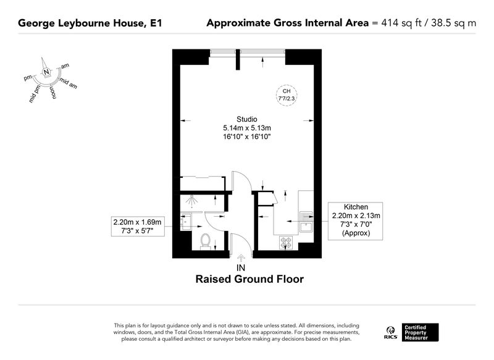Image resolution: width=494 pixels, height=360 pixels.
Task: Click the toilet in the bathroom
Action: point(206,241)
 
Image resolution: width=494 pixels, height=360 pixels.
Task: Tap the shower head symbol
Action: point(191,201)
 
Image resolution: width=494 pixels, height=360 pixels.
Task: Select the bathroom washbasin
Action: point(186,222)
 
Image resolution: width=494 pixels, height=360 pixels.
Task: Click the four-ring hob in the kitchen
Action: point(286,242)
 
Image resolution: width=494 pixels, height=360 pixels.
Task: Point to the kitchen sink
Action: point(306,222)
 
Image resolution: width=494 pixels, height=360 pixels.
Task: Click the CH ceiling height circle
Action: point(287,95)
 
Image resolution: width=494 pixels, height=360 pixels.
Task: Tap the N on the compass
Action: point(46,72)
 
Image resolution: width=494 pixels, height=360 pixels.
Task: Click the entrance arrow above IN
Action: point(241,258)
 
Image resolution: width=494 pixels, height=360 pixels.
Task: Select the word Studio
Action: point(247,119)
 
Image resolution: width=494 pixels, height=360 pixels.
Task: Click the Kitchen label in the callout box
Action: point(356,207)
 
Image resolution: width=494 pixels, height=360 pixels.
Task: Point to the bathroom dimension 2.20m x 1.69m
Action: point(137,222)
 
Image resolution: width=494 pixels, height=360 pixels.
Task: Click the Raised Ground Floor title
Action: point(249,279)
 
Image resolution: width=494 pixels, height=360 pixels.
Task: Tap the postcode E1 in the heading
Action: point(156,23)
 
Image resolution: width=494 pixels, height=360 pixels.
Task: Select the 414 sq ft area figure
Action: point(401,23)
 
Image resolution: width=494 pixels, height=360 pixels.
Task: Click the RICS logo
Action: point(391,333)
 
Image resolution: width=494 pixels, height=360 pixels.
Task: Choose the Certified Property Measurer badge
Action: point(420,332)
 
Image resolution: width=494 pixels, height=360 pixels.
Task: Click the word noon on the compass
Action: point(53,91)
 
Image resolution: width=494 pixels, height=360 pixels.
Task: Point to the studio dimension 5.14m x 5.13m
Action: point(247,128)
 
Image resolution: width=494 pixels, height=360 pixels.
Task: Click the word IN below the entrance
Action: point(241,268)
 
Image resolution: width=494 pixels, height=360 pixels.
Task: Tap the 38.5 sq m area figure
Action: point(453,23)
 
